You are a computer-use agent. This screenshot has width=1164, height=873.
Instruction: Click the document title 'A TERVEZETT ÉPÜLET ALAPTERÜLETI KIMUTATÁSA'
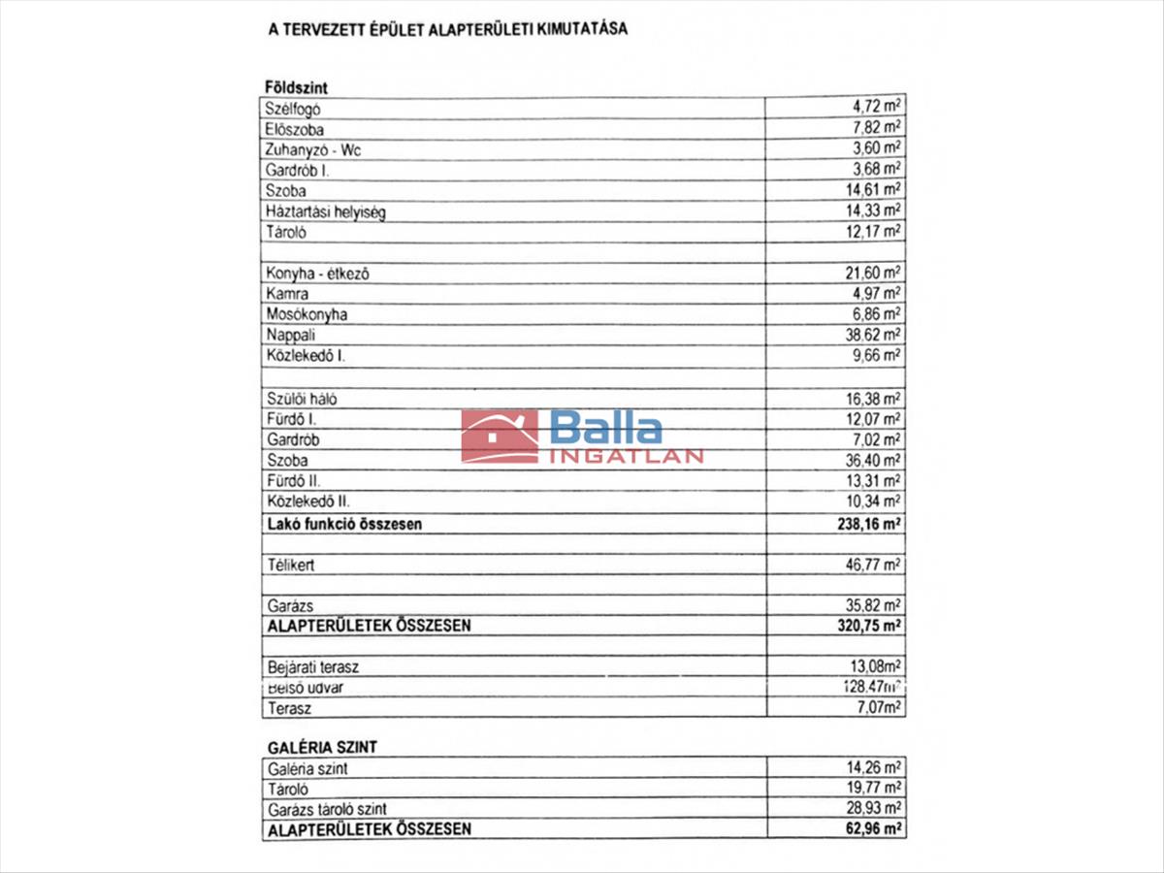tap(447, 29)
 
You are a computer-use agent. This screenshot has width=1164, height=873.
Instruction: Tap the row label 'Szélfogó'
tap(293, 110)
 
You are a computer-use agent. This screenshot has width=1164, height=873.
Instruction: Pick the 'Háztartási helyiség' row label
tap(325, 211)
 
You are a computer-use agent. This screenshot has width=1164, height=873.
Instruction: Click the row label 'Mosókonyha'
tap(307, 314)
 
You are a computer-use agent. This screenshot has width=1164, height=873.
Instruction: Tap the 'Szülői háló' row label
tap(302, 399)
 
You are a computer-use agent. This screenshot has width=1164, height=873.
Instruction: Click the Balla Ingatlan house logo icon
tap(500, 436)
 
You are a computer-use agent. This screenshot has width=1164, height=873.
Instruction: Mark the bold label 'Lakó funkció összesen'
tap(344, 524)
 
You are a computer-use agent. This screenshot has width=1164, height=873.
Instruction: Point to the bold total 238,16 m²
tap(865, 524)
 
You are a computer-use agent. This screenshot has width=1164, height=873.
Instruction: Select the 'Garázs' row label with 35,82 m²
tap(289, 605)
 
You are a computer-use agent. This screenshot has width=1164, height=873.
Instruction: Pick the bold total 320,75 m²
tap(865, 626)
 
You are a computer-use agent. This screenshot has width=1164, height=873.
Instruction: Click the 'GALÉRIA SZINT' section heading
tap(321, 747)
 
